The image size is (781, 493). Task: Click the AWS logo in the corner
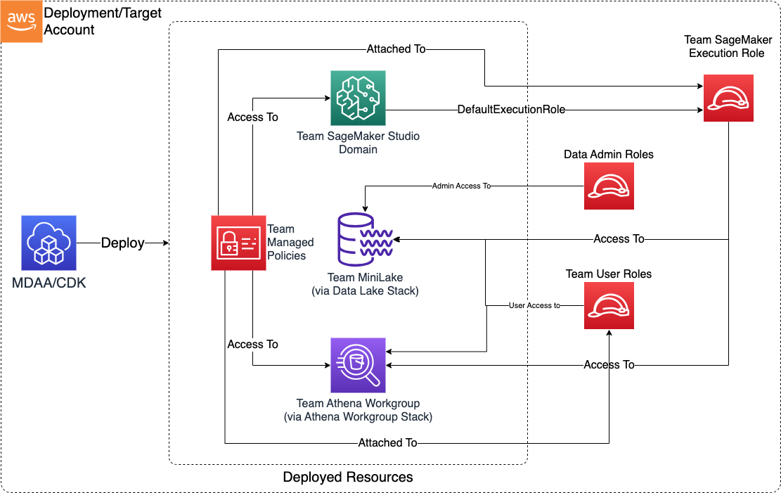[21, 21]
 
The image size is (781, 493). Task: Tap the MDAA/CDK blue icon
[49, 243]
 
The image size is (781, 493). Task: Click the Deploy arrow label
[123, 243]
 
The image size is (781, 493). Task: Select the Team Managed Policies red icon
[238, 243]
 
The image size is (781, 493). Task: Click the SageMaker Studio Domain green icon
[358, 98]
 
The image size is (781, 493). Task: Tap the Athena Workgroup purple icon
[358, 365]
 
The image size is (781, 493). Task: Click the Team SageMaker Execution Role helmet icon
[728, 97]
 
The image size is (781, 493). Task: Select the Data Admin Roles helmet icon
[609, 186]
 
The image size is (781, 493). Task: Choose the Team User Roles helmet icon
[609, 306]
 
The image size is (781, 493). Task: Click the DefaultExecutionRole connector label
[511, 109]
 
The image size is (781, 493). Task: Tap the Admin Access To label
[461, 186]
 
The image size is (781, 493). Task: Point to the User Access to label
[534, 306]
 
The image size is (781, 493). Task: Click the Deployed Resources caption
[348, 477]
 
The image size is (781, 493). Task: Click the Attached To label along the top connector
[396, 49]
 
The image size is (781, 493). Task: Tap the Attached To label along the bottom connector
[387, 442]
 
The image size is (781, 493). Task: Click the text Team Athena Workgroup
[358, 404]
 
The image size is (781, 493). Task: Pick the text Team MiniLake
[364, 277]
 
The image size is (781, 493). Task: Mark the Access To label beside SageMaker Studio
[253, 117]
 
